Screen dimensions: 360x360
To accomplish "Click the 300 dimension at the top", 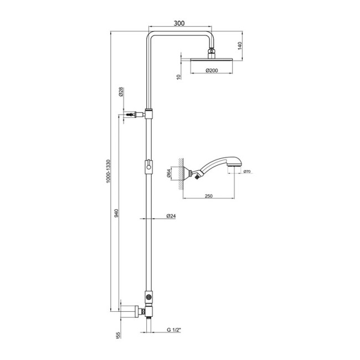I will [x=178, y=23].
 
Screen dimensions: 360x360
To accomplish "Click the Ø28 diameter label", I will [x=121, y=93].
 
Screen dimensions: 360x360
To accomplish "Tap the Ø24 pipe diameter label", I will [x=171, y=217].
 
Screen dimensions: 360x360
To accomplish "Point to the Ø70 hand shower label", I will [x=246, y=172].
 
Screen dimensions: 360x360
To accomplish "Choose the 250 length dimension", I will [x=208, y=195].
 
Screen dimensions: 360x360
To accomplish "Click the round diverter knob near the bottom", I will [x=148, y=297].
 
